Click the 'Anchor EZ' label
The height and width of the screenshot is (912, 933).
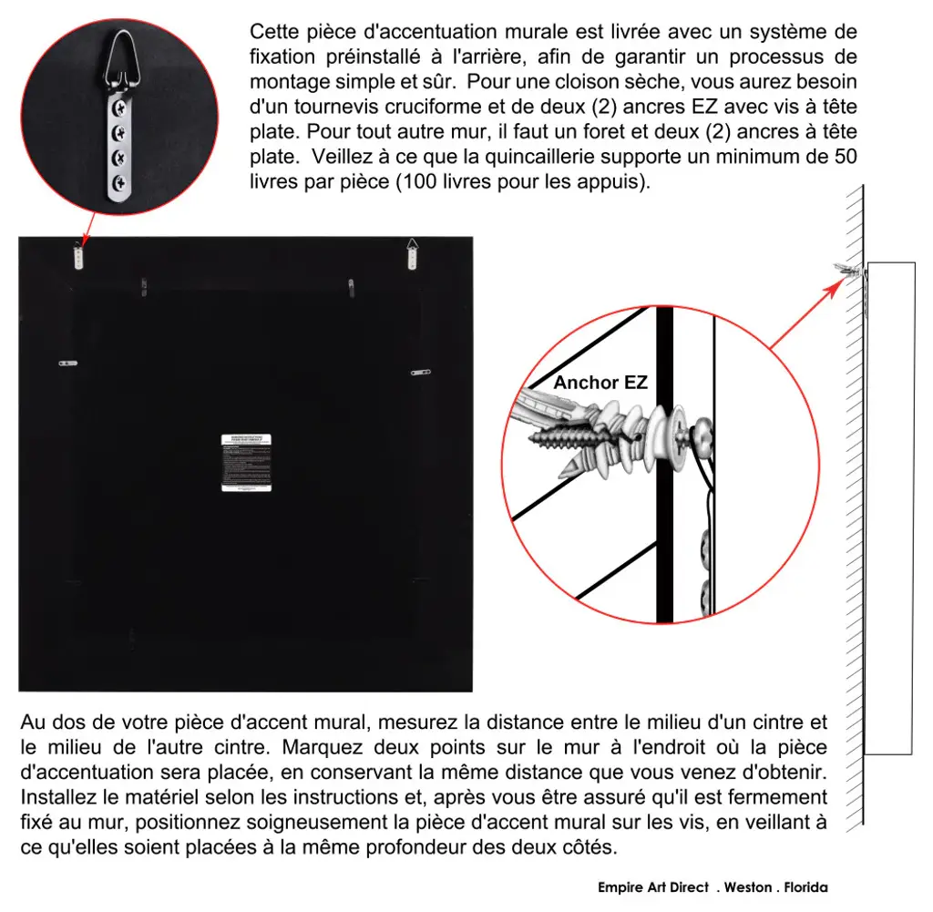point(600,383)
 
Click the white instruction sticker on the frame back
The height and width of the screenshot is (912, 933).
point(246,463)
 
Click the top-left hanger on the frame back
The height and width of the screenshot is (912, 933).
point(79,254)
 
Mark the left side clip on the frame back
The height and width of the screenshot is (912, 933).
point(68,363)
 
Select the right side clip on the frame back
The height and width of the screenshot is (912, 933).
point(419,371)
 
